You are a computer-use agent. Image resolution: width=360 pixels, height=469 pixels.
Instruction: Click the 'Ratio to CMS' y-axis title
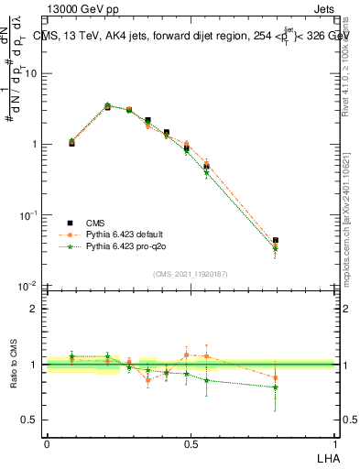point(13,365)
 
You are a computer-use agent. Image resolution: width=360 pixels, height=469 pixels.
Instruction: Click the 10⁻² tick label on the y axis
point(27,286)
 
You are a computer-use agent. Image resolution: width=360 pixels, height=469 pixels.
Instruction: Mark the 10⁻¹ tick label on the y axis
point(27,215)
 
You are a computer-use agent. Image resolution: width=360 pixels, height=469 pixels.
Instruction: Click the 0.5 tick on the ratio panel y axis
point(30,420)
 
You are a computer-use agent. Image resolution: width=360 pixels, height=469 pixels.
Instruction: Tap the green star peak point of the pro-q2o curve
point(107,105)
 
